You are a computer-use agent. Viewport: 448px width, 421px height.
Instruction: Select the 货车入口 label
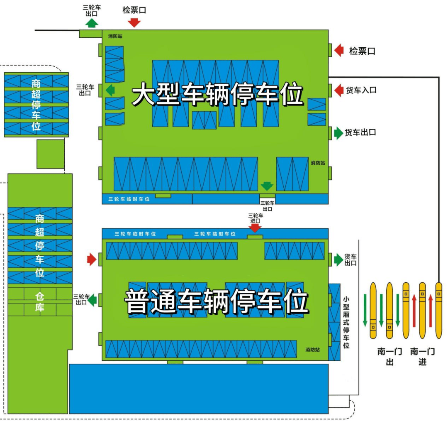coord(361,90)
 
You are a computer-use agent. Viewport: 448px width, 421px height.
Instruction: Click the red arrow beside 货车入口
coord(339,90)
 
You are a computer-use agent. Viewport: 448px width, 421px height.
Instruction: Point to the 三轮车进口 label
coord(256,218)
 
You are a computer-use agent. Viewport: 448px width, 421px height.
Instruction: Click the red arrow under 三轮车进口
coord(255,228)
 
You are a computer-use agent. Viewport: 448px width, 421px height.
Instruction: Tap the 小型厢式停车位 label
coord(346,322)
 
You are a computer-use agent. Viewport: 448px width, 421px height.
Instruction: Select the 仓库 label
coord(40,302)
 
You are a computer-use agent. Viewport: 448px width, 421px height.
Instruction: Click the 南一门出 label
coord(389,357)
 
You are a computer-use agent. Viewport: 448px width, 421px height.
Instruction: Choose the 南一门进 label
coord(422,357)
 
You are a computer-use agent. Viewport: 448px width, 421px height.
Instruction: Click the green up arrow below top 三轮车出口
coord(92,23)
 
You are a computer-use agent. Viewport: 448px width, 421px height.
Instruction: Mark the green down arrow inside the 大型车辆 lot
coord(267,186)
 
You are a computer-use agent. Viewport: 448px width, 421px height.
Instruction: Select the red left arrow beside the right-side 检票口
coord(339,51)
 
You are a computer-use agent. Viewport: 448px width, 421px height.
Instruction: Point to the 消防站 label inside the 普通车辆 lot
coord(312,350)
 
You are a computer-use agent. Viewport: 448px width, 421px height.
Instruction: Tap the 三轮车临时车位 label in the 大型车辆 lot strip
coord(129,199)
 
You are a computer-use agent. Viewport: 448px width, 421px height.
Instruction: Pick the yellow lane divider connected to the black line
coord(438,311)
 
